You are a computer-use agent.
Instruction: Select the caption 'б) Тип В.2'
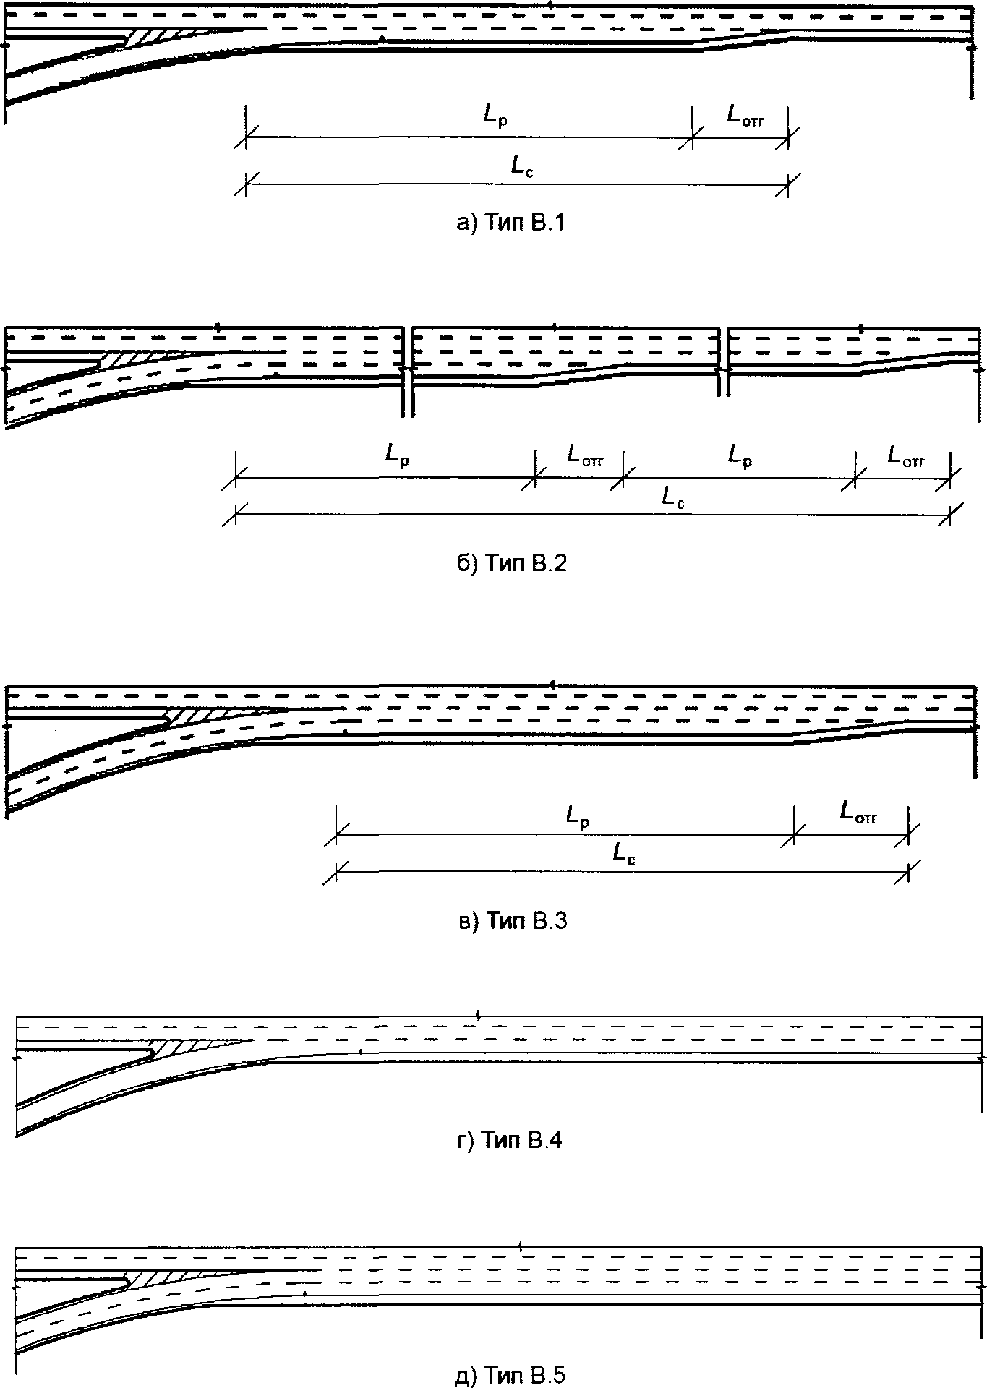[x=510, y=563]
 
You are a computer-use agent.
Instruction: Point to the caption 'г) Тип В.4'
[x=510, y=1140]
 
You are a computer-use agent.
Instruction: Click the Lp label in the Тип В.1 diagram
[x=496, y=116]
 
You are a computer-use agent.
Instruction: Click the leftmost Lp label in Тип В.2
[x=398, y=456]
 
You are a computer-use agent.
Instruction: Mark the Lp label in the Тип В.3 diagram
[x=578, y=817]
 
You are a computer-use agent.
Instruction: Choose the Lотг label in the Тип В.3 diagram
[x=858, y=813]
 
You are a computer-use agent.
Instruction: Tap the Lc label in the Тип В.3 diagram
[x=624, y=854]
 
